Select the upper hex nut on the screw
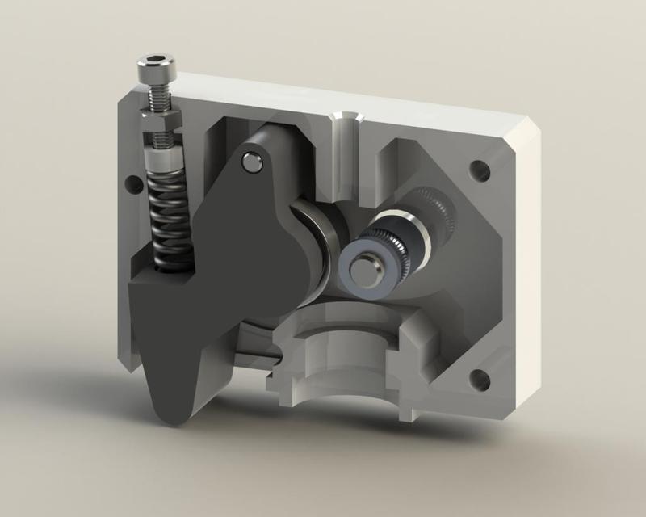tap(161, 121)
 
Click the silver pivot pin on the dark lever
tap(253, 159)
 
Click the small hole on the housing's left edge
tap(127, 185)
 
